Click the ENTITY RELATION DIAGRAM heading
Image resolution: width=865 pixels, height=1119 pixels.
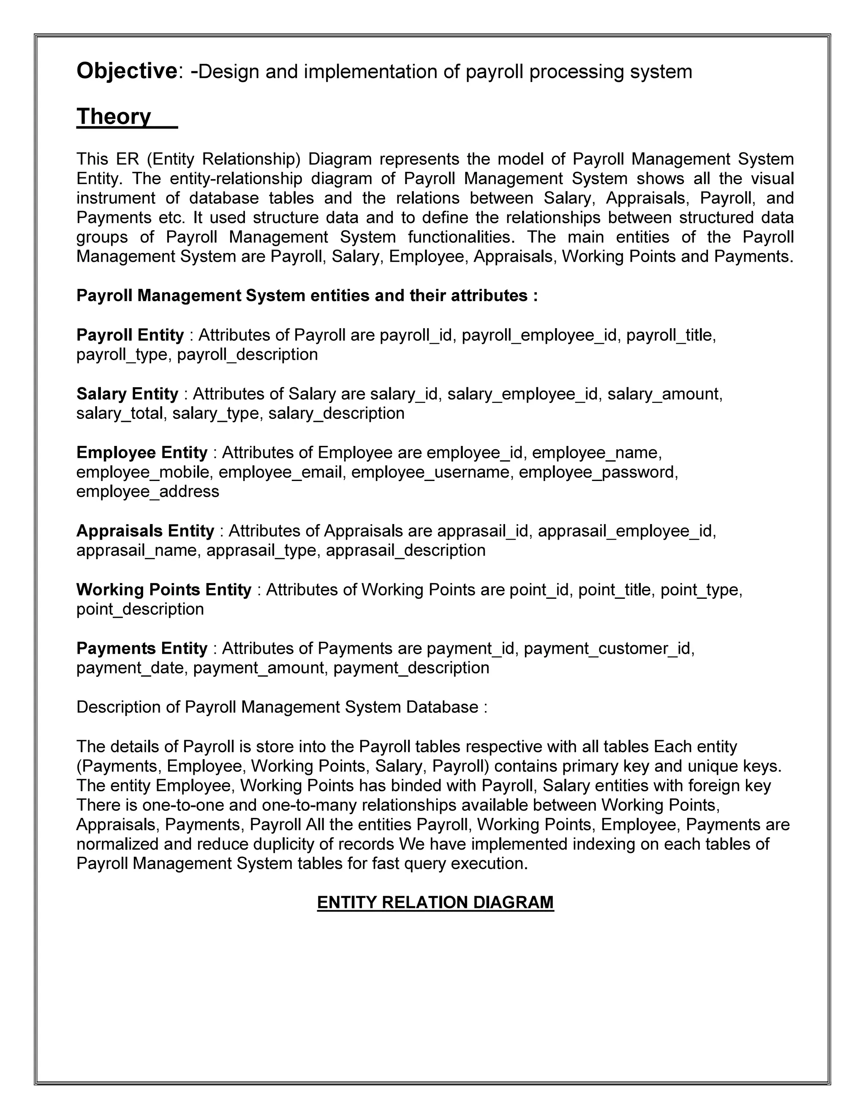click(435, 902)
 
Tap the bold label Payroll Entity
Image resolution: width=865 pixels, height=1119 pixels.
click(130, 335)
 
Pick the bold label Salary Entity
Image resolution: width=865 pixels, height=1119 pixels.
click(127, 394)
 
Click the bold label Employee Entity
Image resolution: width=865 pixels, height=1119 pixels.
click(142, 452)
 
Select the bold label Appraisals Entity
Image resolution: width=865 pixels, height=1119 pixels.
click(145, 531)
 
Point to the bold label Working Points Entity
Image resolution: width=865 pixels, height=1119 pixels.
click(164, 590)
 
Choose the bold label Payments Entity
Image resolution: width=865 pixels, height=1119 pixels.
click(142, 649)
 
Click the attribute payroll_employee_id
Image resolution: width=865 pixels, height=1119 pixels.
click(539, 335)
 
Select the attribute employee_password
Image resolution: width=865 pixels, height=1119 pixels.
click(598, 472)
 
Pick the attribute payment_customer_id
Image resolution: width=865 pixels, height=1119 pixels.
click(608, 649)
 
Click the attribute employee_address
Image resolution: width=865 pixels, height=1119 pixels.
click(147, 492)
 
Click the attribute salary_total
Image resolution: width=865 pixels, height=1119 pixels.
click(120, 413)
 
